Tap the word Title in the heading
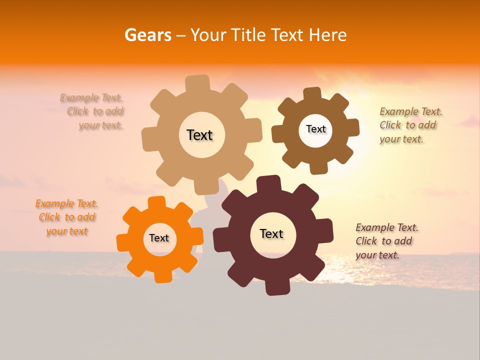pyautogui.click(x=248, y=35)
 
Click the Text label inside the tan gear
pyautogui.click(x=199, y=135)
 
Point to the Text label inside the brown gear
pyautogui.click(x=315, y=129)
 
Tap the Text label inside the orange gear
pyautogui.click(x=159, y=238)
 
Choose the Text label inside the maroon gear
pyautogui.click(x=271, y=233)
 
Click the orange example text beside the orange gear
pyautogui.click(x=67, y=217)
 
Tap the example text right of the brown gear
pyautogui.click(x=410, y=125)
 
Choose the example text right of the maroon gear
pyautogui.click(x=386, y=241)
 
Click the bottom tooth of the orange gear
pyautogui.click(x=162, y=275)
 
